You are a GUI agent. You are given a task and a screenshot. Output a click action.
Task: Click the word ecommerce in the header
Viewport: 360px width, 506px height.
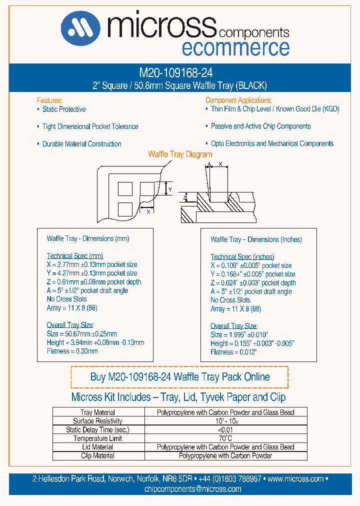(235, 48)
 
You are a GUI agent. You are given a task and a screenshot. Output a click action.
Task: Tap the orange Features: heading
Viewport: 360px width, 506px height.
(49, 100)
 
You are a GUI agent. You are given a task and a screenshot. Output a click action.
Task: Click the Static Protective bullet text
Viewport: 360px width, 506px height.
(63, 109)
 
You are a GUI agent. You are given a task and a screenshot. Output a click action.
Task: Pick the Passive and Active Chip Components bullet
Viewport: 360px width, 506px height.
(260, 126)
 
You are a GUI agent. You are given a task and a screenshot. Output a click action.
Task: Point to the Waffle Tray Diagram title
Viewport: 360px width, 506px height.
(180, 154)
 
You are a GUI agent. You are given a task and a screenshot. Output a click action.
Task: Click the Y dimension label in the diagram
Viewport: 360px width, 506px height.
(170, 189)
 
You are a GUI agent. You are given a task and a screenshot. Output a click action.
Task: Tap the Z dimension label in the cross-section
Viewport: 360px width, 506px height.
(184, 197)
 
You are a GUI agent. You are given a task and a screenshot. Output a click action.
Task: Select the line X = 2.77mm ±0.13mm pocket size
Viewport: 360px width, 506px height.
(92, 264)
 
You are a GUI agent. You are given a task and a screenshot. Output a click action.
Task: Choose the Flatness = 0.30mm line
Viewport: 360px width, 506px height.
(72, 351)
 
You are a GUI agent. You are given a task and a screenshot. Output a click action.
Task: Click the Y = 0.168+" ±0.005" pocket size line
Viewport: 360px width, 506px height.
(252, 274)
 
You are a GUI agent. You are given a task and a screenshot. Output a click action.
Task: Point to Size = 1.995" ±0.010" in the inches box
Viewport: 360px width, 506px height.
(239, 334)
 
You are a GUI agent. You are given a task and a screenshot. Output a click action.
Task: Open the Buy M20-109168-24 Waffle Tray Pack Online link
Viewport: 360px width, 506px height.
(180, 377)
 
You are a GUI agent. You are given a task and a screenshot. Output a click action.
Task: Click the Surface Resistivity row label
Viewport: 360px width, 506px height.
(97, 421)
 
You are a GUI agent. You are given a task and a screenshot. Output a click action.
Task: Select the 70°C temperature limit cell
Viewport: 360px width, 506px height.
(225, 438)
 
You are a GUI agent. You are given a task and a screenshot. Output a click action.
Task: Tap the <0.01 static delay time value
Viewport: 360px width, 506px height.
(225, 430)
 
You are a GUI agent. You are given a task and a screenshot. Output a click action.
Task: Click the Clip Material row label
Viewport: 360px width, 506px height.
(97, 455)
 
